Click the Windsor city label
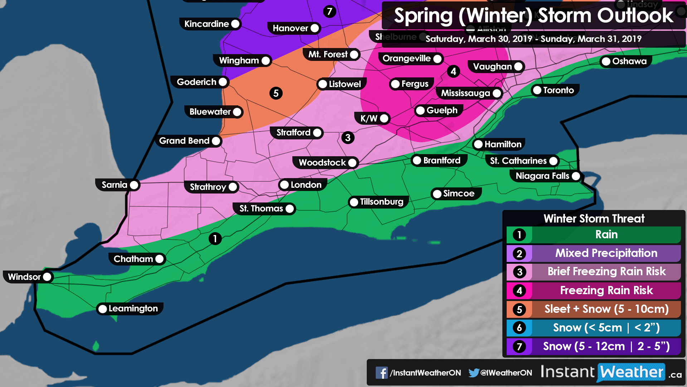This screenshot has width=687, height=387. point(24,277)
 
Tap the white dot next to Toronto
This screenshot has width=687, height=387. point(537,90)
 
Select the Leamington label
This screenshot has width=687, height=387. point(133,309)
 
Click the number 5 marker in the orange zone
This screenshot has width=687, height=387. point(276,93)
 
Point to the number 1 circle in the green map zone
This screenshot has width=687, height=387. point(215,239)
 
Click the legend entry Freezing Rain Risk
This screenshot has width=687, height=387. point(606,290)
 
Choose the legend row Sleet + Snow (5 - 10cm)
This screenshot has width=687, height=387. point(606,309)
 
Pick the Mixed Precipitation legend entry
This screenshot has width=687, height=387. point(606,253)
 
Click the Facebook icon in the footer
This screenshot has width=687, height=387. point(381,373)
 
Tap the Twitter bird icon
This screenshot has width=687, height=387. point(474,373)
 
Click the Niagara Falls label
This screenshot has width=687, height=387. point(542,176)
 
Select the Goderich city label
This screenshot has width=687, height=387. point(196,82)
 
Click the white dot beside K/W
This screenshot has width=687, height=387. point(384,118)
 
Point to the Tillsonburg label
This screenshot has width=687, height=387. point(381,202)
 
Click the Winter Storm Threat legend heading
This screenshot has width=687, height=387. point(594,219)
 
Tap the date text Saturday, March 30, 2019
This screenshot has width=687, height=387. point(479,39)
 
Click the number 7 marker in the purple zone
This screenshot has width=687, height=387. point(330,11)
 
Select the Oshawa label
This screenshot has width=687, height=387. point(629,61)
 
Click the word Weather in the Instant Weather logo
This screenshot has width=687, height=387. point(632,372)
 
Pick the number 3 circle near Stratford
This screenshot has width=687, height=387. point(348,138)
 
